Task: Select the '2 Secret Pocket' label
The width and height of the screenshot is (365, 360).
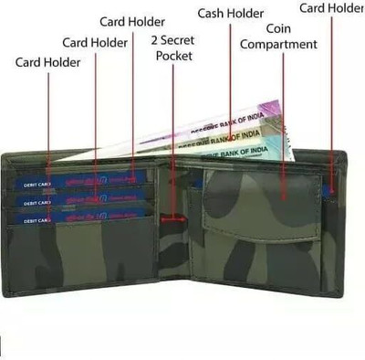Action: tap(174, 48)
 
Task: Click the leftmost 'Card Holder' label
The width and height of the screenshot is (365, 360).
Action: tap(48, 62)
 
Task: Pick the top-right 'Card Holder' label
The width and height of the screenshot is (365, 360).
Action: tap(331, 8)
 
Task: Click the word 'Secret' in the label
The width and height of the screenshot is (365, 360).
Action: tap(180, 40)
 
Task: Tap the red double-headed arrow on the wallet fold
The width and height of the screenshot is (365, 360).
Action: tap(173, 218)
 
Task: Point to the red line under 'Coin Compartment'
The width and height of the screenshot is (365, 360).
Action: tap(283, 119)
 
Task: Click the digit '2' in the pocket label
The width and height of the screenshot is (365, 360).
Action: tap(153, 40)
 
